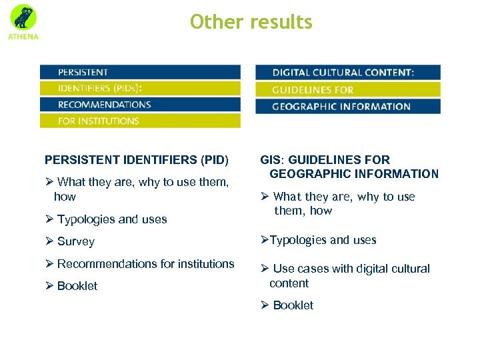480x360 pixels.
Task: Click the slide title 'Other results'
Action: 251,22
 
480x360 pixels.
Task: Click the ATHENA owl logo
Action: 23,20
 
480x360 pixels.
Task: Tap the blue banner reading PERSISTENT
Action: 140,72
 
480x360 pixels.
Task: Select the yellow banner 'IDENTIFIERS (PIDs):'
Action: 140,88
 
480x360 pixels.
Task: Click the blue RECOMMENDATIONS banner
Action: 140,105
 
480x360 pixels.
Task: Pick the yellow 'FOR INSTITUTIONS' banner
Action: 140,121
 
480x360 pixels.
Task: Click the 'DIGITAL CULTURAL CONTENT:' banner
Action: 347,72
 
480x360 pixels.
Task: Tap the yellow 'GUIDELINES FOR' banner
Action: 347,89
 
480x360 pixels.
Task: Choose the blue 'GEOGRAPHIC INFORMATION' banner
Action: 347,106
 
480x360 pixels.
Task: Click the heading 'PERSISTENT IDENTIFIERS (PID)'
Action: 136,160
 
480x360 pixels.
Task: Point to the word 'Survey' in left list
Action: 76,242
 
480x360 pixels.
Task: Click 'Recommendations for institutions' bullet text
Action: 145,264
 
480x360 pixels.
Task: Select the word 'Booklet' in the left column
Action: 77,286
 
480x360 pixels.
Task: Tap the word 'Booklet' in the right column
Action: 293,305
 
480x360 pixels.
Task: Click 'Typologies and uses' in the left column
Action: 112,219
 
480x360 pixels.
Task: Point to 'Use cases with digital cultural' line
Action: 351,269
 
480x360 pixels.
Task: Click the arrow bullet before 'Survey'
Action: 49,241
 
